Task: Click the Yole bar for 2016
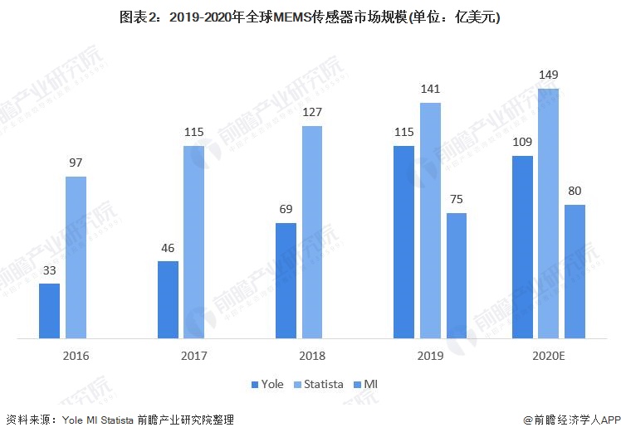(49, 311)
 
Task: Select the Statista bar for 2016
(76, 257)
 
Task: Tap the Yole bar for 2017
(168, 299)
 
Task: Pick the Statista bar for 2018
(312, 232)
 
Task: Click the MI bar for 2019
(456, 275)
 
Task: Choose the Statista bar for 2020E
(549, 213)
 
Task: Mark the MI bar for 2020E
(575, 271)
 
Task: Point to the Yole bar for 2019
(403, 242)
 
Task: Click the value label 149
(549, 76)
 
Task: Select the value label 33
(49, 271)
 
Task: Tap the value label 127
(312, 113)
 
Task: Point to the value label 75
(456, 201)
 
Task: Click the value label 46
(168, 249)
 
